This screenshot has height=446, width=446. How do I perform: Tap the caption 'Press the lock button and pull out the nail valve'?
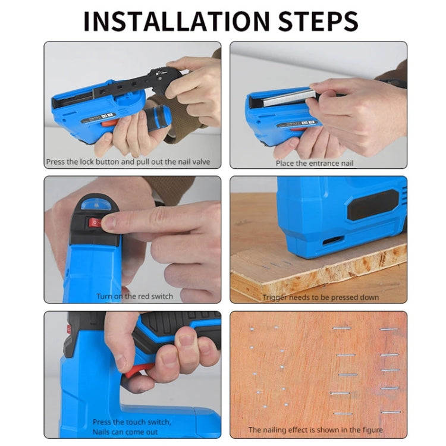(x=128, y=162)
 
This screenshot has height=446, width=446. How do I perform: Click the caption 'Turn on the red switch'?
(x=135, y=296)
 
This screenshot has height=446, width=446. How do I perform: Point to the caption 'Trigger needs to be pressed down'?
(x=321, y=297)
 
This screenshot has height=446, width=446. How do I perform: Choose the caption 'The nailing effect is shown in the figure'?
(x=316, y=429)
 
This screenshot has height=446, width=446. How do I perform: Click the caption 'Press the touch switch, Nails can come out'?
(x=131, y=426)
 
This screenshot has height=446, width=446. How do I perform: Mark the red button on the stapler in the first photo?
(x=108, y=124)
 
